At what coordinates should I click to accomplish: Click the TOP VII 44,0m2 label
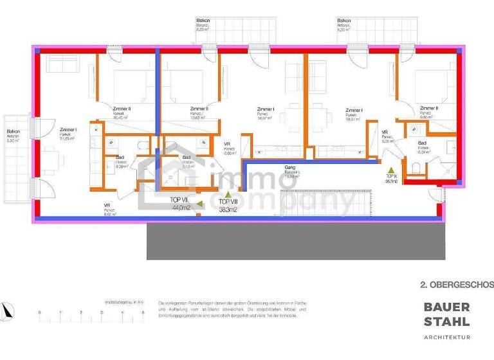click(180, 204)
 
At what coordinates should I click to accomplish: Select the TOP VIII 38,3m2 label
click(228, 205)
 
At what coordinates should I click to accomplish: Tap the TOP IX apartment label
click(391, 179)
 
